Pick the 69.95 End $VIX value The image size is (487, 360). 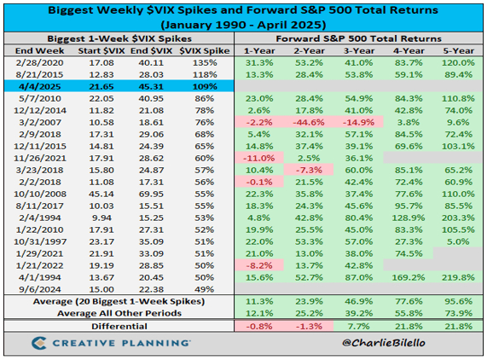[x=157, y=195]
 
